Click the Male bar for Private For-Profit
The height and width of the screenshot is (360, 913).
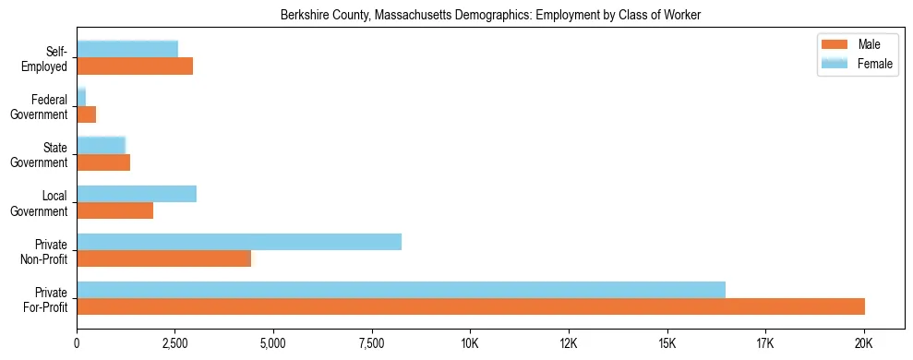(x=471, y=306)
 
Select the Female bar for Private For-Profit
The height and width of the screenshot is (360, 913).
(x=401, y=290)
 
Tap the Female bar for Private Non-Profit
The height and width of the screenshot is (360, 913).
(x=239, y=242)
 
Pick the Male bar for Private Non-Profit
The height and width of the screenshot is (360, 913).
(x=163, y=258)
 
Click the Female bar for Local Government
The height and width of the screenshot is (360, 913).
(x=137, y=194)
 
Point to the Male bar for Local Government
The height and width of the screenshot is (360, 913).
(x=114, y=210)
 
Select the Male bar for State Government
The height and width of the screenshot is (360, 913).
(x=103, y=162)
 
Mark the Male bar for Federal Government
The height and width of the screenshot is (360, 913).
(x=87, y=114)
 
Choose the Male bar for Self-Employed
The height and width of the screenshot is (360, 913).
(x=135, y=66)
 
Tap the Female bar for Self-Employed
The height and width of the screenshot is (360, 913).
(x=127, y=50)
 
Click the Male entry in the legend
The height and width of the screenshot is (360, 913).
(x=849, y=44)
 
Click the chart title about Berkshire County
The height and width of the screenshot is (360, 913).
(x=490, y=15)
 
